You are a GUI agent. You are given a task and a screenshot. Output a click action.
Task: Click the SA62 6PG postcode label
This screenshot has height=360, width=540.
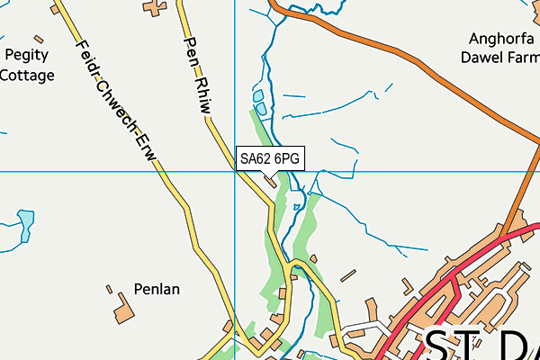pos(269,158)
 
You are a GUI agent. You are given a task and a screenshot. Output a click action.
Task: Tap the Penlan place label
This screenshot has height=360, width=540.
pos(157,290)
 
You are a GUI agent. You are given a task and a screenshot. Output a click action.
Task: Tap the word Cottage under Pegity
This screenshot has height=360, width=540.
pos(26,76)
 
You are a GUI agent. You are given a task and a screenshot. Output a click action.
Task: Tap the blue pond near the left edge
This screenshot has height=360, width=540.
pos(26,219)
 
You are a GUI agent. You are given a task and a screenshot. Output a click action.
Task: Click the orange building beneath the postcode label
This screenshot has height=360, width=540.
pos(271,182)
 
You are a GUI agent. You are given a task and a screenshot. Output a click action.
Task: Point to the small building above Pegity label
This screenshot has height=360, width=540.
pos(38,39)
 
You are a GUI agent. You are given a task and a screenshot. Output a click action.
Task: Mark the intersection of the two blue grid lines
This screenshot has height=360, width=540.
pos(234,170)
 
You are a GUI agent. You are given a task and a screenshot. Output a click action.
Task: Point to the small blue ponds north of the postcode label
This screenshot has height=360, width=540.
pos(259,102)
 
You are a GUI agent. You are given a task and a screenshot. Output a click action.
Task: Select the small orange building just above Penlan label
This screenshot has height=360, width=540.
pos(109,290)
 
